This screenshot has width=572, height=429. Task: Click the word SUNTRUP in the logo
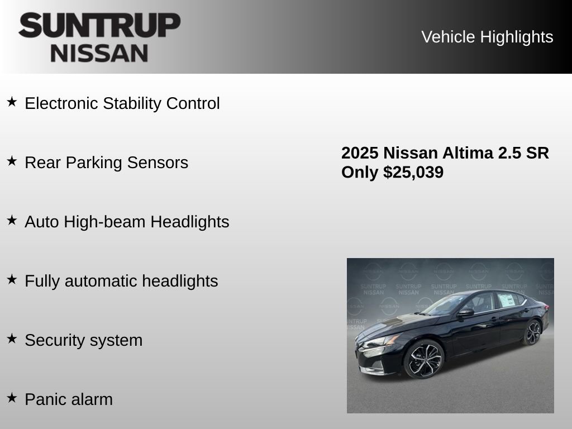(99, 26)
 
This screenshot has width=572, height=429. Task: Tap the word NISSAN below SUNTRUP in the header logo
(99, 53)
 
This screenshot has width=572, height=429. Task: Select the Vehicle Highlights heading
(487, 37)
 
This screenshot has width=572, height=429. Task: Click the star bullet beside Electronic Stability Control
(12, 102)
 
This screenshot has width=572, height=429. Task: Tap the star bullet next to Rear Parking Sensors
(12, 161)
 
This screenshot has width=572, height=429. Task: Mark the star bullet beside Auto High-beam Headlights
(12, 220)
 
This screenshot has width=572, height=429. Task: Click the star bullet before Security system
(12, 339)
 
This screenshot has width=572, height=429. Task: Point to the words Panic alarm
(69, 399)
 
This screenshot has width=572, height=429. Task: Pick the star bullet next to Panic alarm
(12, 398)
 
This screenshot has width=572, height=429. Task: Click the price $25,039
(413, 173)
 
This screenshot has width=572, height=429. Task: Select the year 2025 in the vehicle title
(360, 153)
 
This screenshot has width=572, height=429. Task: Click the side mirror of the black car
(465, 312)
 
